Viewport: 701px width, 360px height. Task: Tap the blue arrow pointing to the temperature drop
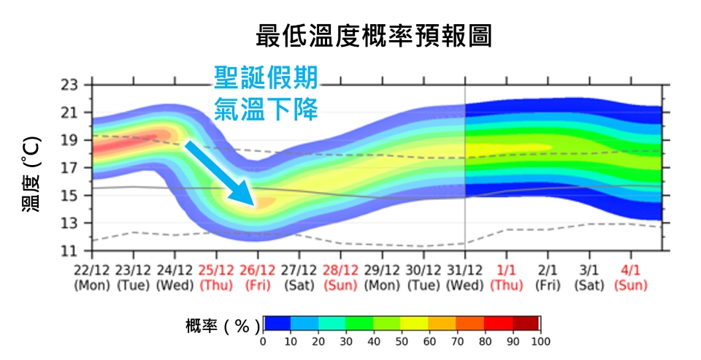219,172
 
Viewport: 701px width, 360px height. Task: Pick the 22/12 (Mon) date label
91,277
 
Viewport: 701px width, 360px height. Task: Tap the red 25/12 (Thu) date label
217,277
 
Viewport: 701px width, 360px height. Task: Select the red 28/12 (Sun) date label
342,277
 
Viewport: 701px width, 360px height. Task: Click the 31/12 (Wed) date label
466,277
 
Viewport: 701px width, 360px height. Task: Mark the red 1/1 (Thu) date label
507,277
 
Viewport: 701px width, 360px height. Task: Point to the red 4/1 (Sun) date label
631,277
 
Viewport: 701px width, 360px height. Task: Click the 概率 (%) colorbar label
218,325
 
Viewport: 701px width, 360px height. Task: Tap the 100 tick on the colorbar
540,342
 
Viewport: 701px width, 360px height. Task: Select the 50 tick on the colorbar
402,342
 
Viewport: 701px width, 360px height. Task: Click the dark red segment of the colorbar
526,323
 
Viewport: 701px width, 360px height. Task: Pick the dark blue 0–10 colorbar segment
277,323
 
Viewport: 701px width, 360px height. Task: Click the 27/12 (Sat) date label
300,277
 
